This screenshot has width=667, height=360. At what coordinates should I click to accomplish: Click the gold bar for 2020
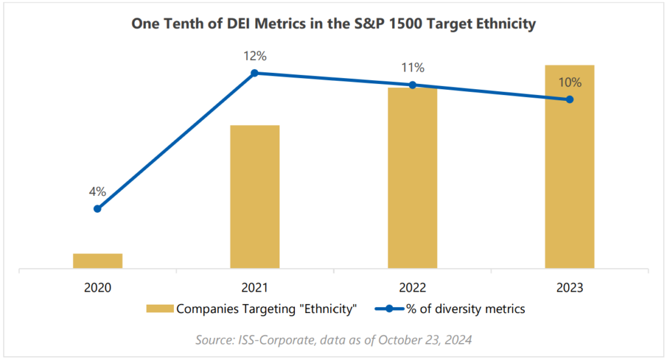pos(98,260)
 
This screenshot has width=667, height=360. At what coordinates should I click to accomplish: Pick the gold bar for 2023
pos(569,167)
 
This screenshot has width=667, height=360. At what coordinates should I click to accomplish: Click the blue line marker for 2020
pos(98,209)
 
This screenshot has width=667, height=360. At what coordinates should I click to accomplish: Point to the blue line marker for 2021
pos(255,73)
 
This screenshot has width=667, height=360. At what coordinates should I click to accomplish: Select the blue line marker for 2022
pos(412,85)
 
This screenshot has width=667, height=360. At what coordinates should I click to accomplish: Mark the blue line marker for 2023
pos(569,100)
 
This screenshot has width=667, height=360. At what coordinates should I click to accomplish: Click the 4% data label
pos(98,191)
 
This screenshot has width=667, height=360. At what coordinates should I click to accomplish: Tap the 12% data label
pos(255,56)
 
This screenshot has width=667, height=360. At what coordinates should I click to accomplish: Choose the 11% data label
pos(412,68)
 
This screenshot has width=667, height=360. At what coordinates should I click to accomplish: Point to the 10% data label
pos(569,83)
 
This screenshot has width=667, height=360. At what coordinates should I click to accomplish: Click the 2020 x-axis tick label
pos(98,286)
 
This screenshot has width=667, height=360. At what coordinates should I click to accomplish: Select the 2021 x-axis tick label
pos(255,286)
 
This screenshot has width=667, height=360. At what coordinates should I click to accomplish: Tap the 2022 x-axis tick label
pos(412,286)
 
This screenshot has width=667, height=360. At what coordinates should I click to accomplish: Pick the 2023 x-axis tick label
pos(569,286)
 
